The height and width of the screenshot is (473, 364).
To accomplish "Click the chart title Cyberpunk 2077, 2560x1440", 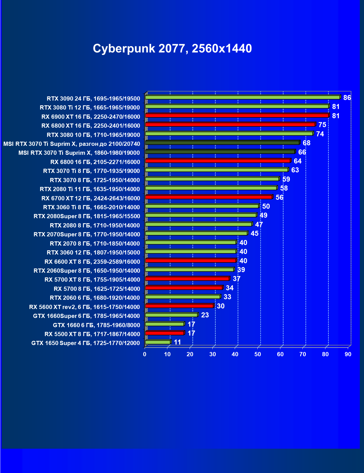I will (x=172, y=49).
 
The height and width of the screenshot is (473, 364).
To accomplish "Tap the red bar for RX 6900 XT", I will (x=237, y=115).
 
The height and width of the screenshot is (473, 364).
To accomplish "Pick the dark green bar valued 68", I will (x=222, y=143).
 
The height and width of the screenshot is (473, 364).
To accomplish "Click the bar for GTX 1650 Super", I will (x=158, y=342).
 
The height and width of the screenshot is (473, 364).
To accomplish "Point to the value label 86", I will (x=347, y=98).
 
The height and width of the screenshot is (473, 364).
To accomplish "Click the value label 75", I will (x=322, y=125).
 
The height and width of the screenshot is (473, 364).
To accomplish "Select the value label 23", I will (x=205, y=315).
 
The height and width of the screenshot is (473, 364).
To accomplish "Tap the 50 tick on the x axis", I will (x=258, y=354).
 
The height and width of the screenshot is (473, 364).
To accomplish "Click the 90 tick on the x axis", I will (x=348, y=354).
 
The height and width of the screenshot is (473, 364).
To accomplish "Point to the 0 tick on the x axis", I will (x=145, y=354).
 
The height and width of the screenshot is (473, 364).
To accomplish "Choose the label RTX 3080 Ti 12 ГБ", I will (x=90, y=108).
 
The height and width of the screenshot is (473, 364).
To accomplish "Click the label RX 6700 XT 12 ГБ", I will (x=90, y=198).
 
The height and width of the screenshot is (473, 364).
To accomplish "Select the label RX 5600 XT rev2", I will (x=84, y=307).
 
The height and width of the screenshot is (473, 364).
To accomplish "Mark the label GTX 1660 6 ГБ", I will (x=96, y=325).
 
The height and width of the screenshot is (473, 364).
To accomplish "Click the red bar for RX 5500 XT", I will (x=165, y=333).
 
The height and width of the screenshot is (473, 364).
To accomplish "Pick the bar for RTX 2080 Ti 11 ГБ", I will (x=211, y=188).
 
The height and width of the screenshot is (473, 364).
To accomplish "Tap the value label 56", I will (x=279, y=198).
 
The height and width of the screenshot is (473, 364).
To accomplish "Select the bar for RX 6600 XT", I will (x=191, y=261).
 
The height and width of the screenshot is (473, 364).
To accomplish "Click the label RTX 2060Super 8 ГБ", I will (x=87, y=271).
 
